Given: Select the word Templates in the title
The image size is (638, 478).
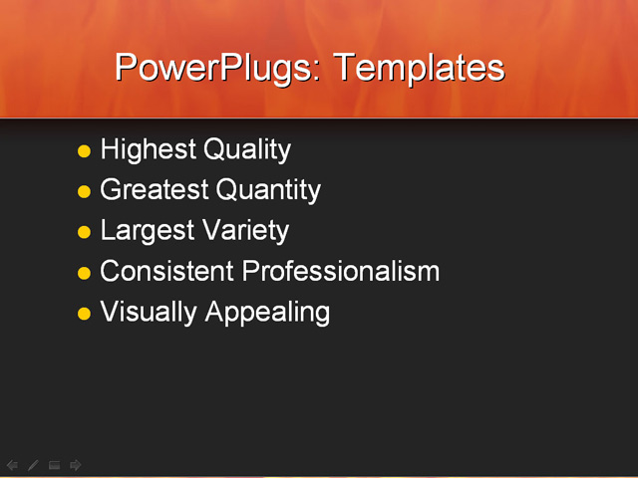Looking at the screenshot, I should click(x=419, y=68).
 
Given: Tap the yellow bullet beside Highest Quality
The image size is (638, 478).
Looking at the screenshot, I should click(x=84, y=151).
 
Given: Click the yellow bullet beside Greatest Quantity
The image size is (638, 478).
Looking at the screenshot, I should click(x=84, y=191).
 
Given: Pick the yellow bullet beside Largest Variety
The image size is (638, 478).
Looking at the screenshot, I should click(x=84, y=232).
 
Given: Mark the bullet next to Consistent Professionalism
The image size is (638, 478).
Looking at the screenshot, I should click(x=84, y=273).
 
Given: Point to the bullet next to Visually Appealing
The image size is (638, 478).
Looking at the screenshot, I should click(x=84, y=314).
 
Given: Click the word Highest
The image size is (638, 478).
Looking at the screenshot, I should click(x=149, y=150).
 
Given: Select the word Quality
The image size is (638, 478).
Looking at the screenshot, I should click(x=247, y=150).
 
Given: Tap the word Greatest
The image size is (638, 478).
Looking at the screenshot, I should click(x=155, y=190).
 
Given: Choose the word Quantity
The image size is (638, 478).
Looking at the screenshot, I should click(x=268, y=190).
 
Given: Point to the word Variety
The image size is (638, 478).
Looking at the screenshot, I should click(x=245, y=231).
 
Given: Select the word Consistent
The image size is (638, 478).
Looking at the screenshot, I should click(x=167, y=271).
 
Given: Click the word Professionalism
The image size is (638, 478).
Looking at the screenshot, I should click(x=341, y=271).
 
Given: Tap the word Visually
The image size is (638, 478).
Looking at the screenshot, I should click(x=149, y=312).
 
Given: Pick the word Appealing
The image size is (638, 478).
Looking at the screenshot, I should click(x=267, y=313).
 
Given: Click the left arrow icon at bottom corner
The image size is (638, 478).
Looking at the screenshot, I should click(x=12, y=465).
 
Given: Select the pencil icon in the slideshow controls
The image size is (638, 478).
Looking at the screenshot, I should click(x=33, y=465).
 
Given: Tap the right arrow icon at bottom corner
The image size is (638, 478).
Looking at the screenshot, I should click(x=76, y=465).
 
